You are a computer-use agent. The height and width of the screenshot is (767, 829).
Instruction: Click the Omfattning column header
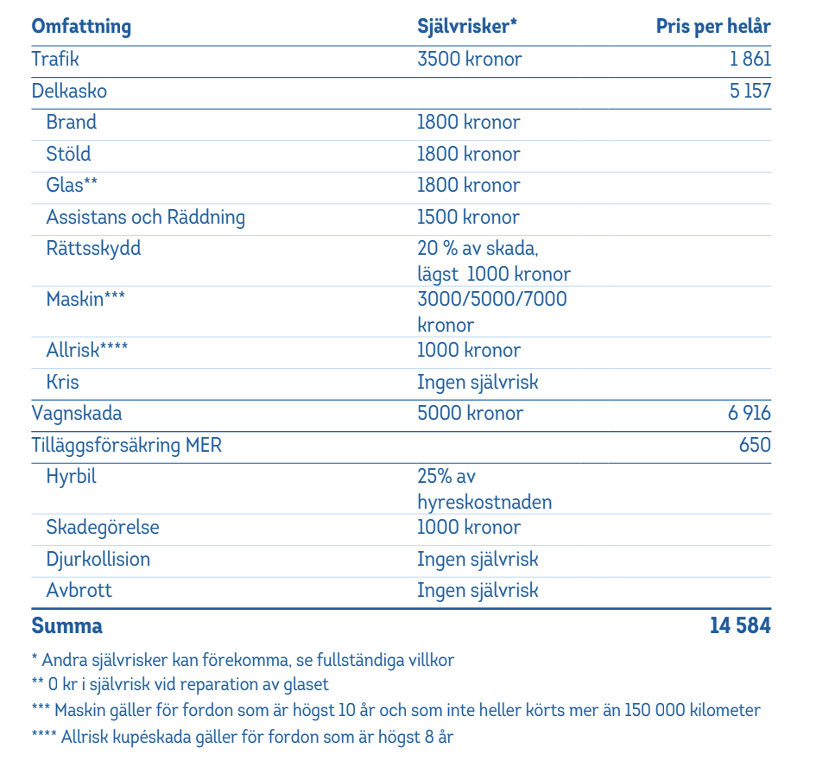click(81, 26)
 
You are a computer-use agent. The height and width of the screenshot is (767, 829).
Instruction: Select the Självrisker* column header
click(467, 26)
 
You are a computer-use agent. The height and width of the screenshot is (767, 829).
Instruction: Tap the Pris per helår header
click(713, 26)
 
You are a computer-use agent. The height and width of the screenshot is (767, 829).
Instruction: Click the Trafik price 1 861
click(750, 60)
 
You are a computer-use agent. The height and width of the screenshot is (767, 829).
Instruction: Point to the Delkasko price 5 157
click(750, 91)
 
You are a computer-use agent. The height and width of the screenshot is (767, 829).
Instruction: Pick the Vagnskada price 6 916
click(749, 414)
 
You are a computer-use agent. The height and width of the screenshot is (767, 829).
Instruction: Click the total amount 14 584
click(740, 625)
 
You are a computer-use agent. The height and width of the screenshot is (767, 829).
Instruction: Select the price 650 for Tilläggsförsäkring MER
click(756, 446)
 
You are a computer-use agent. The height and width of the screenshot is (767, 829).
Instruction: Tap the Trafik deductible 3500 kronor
click(469, 60)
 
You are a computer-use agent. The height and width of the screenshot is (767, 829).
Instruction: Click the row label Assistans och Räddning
click(145, 218)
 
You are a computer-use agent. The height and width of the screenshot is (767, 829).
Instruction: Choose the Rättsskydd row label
click(93, 250)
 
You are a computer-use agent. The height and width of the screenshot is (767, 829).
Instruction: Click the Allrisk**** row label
click(87, 351)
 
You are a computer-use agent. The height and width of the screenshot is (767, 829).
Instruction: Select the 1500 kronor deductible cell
click(468, 218)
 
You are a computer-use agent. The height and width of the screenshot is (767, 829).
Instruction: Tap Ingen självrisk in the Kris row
click(478, 383)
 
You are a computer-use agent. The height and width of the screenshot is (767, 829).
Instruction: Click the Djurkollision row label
click(98, 560)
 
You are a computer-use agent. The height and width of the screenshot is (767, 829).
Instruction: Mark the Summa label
click(66, 625)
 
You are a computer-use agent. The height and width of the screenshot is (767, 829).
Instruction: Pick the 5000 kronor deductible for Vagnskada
click(470, 414)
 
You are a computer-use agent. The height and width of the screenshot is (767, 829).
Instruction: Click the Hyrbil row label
click(71, 477)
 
